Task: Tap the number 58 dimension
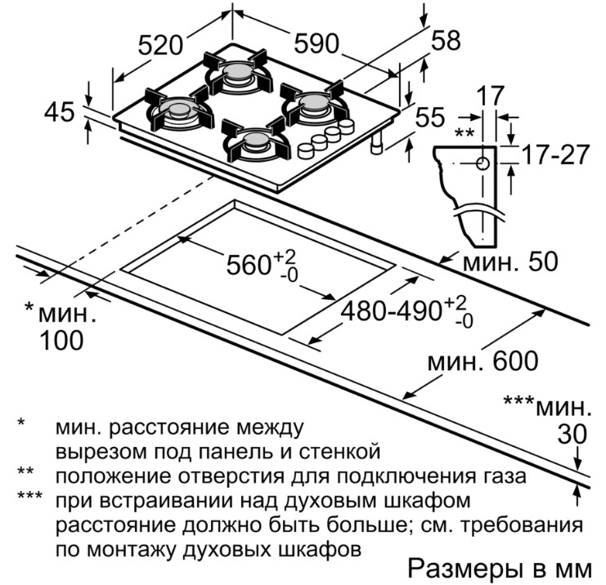click(447, 40)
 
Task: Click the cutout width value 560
click(249, 265)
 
